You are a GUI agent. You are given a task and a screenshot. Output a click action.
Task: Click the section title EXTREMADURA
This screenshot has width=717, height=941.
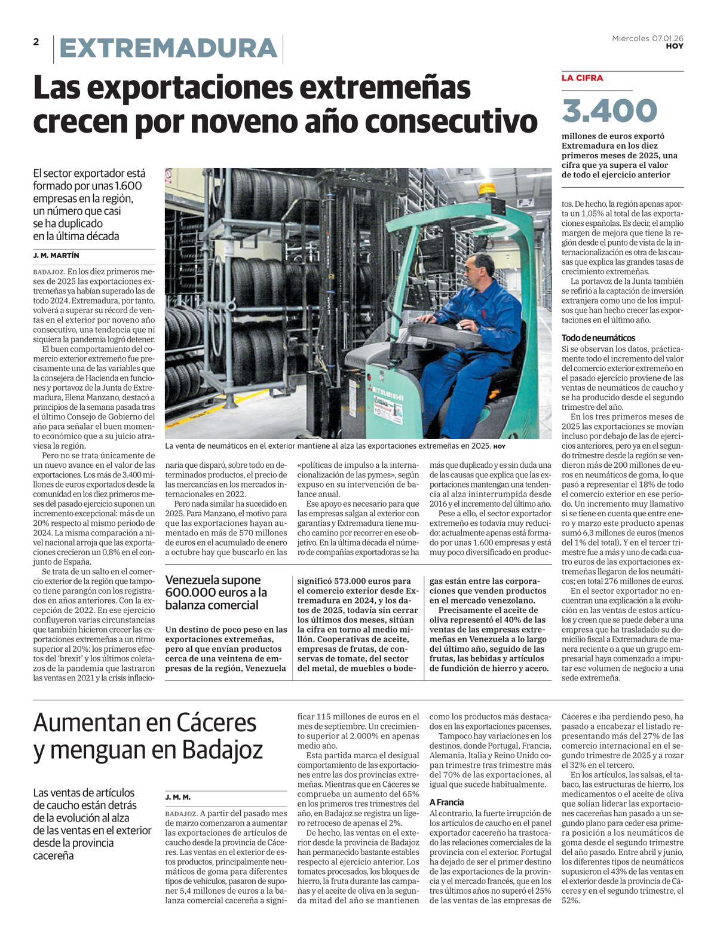(168, 49)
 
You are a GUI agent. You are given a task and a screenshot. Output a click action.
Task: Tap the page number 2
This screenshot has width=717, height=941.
(36, 41)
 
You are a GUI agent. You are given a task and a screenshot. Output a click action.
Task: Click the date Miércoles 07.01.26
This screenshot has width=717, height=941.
(648, 38)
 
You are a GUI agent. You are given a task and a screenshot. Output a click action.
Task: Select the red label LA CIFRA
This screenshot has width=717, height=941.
(582, 78)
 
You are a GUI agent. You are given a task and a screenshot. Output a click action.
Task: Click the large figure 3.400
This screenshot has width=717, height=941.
(609, 111)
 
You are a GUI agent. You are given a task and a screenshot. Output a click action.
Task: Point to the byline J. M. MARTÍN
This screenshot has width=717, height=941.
(56, 256)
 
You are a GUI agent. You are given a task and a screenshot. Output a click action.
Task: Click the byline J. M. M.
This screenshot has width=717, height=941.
(178, 797)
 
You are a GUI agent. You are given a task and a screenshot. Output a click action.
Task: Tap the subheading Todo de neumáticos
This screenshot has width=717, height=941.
(598, 338)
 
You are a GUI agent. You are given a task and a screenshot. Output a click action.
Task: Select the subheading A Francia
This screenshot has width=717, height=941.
(446, 802)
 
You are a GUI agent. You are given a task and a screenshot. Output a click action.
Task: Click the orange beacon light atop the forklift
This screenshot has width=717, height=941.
(488, 188)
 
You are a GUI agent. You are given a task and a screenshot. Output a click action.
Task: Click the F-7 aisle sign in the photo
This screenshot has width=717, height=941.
(525, 203)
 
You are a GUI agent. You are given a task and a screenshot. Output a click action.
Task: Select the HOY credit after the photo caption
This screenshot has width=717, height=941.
(500, 446)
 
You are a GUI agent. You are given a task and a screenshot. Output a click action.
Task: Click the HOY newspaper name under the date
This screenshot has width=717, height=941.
(675, 46)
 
